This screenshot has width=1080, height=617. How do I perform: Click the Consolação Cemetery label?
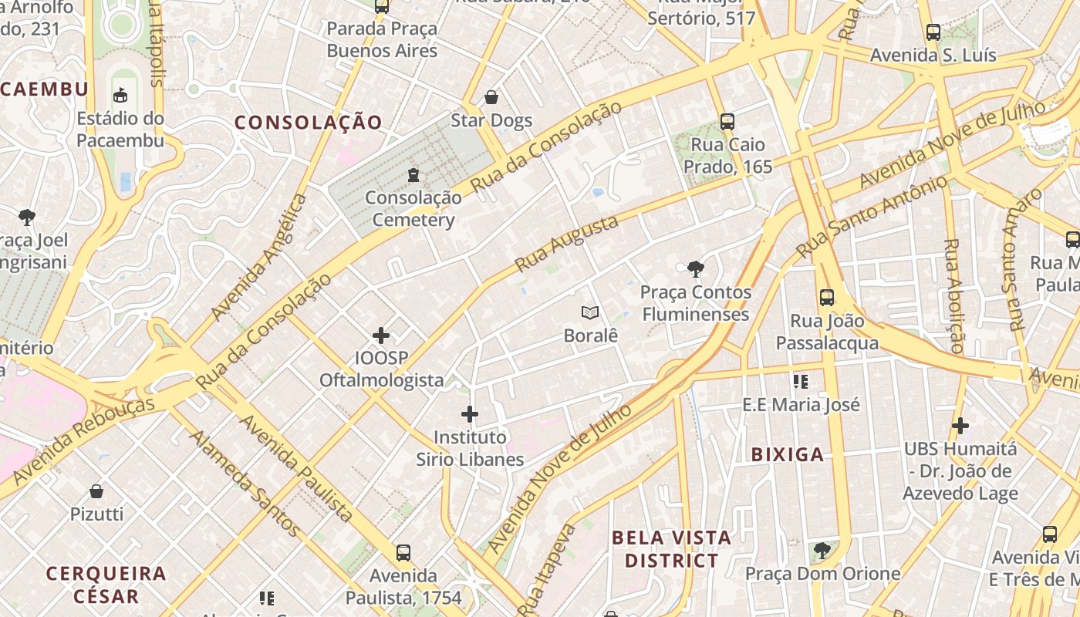(x=413, y=209)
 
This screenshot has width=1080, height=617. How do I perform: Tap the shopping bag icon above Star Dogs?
(x=491, y=97)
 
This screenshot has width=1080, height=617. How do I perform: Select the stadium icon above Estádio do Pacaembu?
(x=120, y=96)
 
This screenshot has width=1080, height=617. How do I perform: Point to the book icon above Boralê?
(x=590, y=312)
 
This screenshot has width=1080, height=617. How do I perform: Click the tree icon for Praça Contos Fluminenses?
(x=695, y=269)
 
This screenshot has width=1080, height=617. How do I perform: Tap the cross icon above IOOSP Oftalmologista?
(x=381, y=335)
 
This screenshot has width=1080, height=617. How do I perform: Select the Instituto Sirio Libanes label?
(x=470, y=448)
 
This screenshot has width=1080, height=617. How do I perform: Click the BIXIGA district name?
(x=788, y=455)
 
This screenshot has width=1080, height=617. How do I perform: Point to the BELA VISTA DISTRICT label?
(x=671, y=548)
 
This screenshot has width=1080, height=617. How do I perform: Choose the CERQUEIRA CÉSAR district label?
(x=106, y=585)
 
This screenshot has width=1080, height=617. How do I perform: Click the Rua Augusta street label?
(x=566, y=244)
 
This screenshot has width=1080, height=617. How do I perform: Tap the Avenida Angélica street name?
(x=259, y=257)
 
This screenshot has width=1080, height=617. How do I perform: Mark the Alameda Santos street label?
(x=245, y=484)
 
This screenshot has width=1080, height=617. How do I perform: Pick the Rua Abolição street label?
(x=953, y=296)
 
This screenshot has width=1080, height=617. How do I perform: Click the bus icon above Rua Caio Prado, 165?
(x=727, y=121)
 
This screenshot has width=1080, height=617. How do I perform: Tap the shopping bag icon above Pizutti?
(x=97, y=491)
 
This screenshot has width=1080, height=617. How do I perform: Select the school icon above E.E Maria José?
(x=801, y=381)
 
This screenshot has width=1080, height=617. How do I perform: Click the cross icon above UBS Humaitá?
(x=960, y=425)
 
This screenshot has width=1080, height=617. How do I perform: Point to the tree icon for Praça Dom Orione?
(x=822, y=551)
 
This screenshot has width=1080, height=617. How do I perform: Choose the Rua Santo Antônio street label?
(x=872, y=217)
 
